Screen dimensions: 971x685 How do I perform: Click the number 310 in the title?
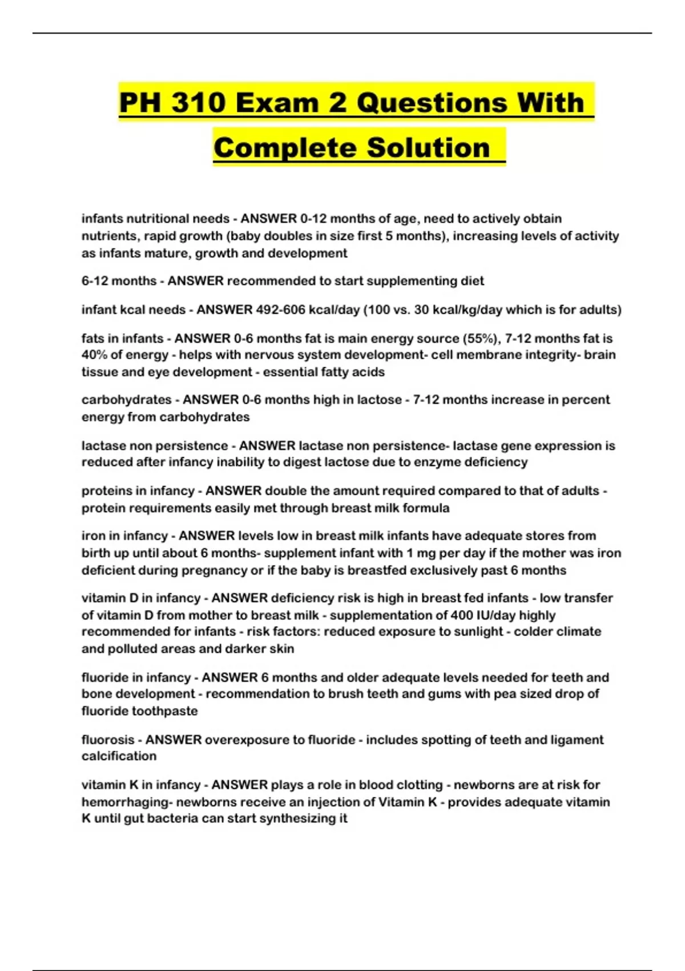point(197,103)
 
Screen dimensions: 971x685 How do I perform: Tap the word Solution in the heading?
point(428,148)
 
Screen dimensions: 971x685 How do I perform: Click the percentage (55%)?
point(483,338)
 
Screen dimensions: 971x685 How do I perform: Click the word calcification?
point(119,756)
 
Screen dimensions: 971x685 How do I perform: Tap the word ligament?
point(577,740)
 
